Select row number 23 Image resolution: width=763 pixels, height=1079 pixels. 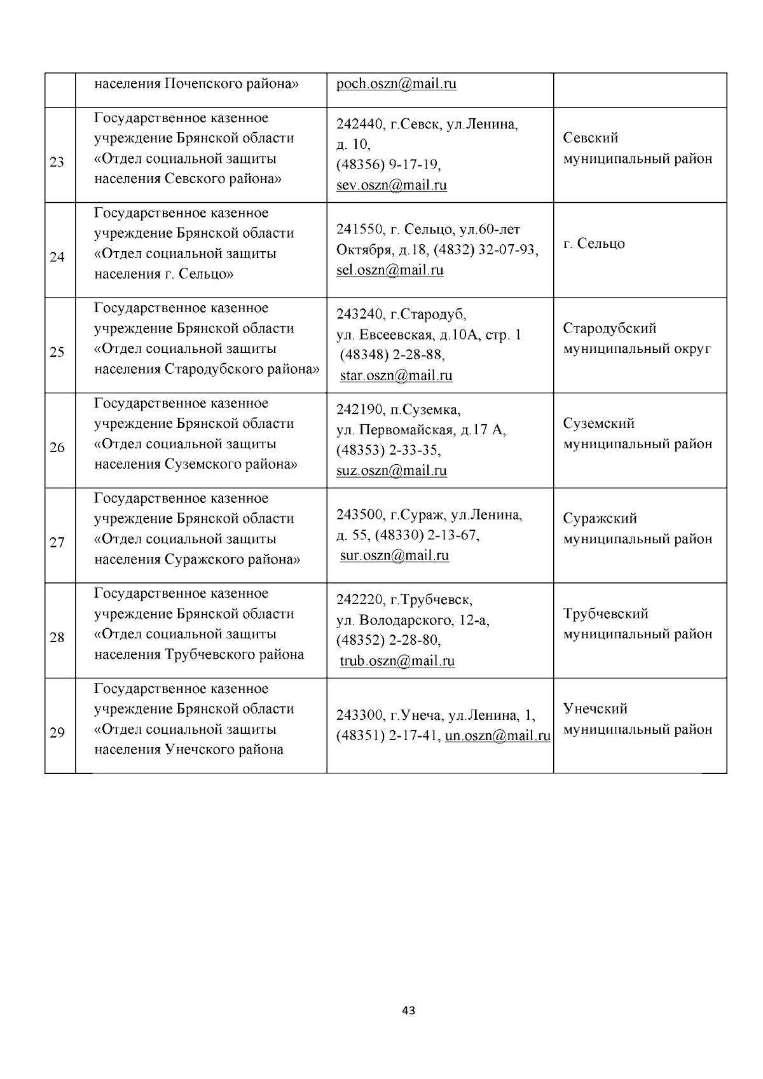point(57,162)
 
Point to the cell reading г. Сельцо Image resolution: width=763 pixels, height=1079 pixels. point(594,244)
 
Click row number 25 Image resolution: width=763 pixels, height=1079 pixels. point(57,352)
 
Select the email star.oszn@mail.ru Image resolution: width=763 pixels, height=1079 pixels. point(396,375)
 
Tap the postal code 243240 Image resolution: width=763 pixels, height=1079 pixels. point(359,315)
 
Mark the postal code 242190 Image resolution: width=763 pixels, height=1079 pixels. point(359,409)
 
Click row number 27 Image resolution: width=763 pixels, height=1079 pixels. point(57,542)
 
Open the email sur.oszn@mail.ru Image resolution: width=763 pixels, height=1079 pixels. point(394,555)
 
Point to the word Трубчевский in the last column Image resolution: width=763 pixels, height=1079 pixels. point(605,614)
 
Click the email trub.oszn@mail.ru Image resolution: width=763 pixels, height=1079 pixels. point(397,661)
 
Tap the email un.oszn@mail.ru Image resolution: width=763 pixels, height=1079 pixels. point(498,736)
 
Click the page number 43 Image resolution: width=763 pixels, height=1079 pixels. point(409,1010)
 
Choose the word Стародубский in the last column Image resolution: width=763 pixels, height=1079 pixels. point(609,329)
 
